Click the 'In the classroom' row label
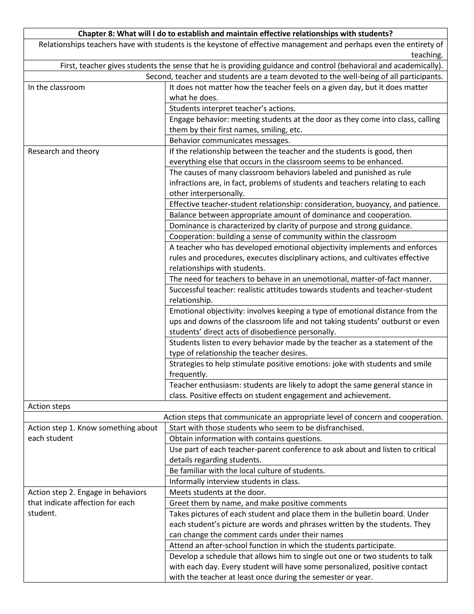(56, 87)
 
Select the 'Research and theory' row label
(63, 151)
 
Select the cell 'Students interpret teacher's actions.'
(232, 108)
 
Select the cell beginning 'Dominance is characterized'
(290, 226)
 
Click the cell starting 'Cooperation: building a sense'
(283, 236)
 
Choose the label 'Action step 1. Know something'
(92, 428)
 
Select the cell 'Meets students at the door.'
(217, 492)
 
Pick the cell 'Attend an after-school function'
(282, 546)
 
